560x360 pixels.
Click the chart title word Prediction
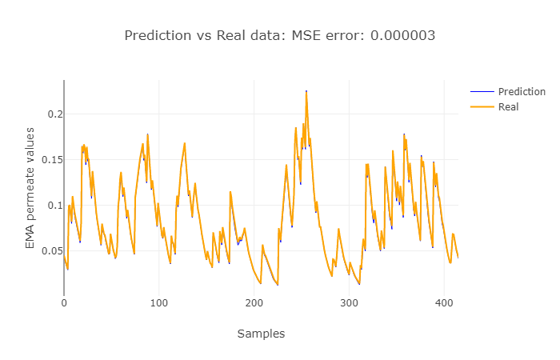tap(158, 36)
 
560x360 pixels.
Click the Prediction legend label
tap(521, 92)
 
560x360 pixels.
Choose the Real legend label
tap(509, 106)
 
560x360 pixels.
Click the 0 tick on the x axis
tap(64, 303)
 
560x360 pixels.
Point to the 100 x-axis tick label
tap(159, 303)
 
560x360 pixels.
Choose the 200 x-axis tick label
tap(254, 303)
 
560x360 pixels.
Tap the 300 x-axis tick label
tap(349, 303)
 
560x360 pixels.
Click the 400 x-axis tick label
tap(444, 303)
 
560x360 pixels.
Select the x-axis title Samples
tap(261, 334)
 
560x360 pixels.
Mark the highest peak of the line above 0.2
tap(306, 92)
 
